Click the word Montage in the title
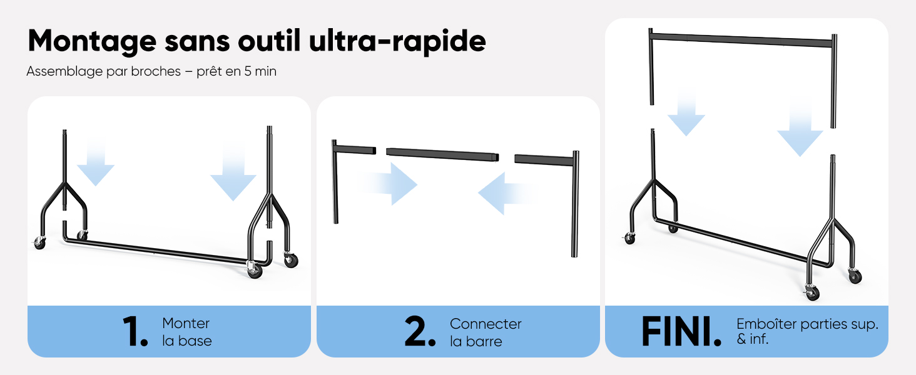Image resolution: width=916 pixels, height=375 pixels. click(x=93, y=42)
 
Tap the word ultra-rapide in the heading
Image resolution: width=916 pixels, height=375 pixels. click(x=397, y=41)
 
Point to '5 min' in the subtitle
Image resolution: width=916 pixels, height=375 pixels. click(x=260, y=71)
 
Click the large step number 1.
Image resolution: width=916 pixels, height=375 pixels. click(x=135, y=331)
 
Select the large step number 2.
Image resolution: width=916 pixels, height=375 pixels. click(x=420, y=331)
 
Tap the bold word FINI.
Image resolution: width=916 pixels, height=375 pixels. click(x=681, y=331)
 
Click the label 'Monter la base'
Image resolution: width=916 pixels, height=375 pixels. click(x=187, y=332)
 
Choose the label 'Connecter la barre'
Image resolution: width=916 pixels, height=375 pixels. click(x=486, y=332)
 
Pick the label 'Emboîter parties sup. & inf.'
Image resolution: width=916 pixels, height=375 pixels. click(x=807, y=331)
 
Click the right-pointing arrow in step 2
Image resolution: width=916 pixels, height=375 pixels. click(x=388, y=184)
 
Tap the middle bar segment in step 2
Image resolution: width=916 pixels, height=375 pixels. click(x=442, y=154)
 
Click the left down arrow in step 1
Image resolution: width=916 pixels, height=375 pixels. click(x=96, y=161)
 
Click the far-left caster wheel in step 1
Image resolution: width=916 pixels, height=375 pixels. click(x=39, y=244)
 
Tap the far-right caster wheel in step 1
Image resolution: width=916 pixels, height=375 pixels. click(x=291, y=260)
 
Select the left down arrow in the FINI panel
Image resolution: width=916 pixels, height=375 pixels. click(x=686, y=114)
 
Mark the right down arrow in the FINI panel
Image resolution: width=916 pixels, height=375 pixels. click(x=800, y=129)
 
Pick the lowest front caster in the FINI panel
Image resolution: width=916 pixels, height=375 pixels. click(x=812, y=292)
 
